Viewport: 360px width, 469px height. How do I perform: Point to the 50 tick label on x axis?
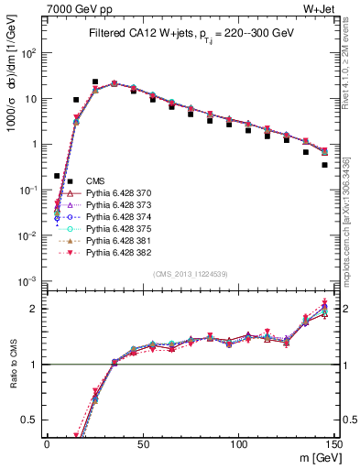(x=143, y=444)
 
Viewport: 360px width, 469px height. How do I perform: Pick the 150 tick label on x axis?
(x=334, y=444)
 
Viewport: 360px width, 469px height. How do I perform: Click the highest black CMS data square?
(x=95, y=82)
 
